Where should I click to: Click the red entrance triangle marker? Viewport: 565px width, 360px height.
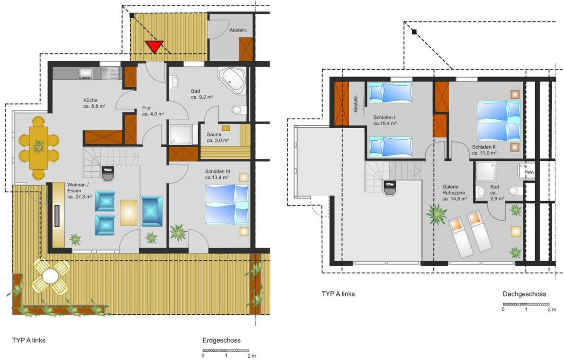pos(154,47)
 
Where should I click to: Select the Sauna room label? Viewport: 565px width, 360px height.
pos(217,137)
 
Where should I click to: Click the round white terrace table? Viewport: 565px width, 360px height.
pos(51,277)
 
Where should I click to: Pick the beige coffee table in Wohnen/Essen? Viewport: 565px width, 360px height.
pos(128,212)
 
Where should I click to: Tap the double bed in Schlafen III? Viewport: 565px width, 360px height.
pos(227,205)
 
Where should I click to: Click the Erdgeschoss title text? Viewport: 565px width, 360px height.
pos(221,340)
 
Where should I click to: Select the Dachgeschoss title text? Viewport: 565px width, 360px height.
pos(524,294)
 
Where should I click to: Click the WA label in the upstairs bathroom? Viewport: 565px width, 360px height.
pos(530,173)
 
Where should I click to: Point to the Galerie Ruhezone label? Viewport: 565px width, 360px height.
pos(454,192)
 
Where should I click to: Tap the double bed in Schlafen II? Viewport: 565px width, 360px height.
pos(499,121)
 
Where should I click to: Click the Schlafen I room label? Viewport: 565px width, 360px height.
pos(385,120)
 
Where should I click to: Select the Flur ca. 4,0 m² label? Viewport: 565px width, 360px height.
pos(153,111)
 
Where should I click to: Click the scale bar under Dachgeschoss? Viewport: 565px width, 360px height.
pos(526,305)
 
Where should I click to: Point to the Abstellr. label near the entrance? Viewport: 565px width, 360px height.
pos(238,30)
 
